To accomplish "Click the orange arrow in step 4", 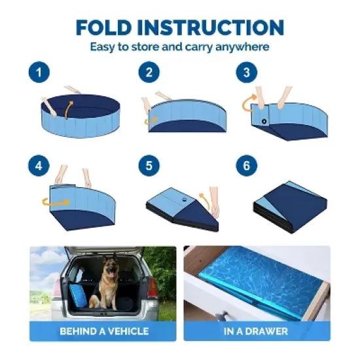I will click(45, 203).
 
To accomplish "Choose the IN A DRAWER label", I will click(255, 331).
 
